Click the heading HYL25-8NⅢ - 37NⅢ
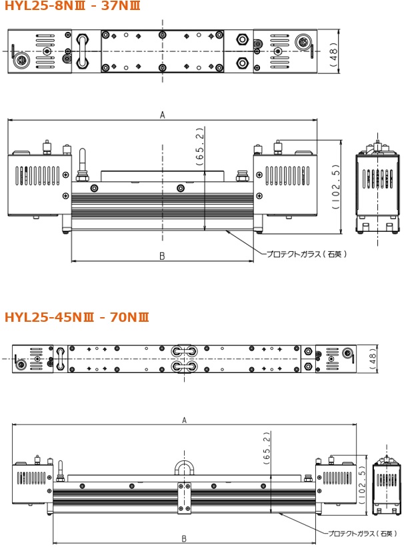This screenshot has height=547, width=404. pos(72,5)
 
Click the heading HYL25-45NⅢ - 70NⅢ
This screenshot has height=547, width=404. pos(77,316)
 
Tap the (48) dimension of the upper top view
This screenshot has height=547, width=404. pos(334,53)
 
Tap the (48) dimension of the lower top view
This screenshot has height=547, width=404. pos(373,359)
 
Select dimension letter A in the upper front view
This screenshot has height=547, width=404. pos(163,115)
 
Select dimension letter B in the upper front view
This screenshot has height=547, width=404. pos(162,257)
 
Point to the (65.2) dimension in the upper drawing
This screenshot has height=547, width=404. pos(200,146)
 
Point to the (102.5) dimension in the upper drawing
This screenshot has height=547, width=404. pos(336,187)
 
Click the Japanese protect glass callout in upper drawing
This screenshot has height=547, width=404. pos(307,254)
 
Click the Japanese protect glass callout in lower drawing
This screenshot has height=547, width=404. pos(363,534)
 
